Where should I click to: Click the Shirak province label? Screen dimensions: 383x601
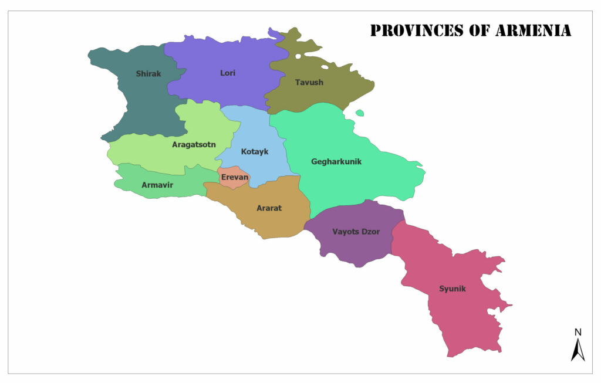[x=148, y=74]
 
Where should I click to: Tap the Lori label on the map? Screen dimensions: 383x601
[x=228, y=73]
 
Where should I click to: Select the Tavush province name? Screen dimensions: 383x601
[x=309, y=83]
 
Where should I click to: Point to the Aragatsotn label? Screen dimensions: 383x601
[x=194, y=144]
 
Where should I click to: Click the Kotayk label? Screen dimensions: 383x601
[x=255, y=152]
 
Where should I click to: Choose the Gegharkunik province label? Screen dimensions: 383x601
[x=336, y=161]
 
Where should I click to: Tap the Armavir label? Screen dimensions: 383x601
[x=157, y=185]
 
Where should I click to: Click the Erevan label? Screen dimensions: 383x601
[x=235, y=177]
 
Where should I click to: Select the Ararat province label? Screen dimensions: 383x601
[x=269, y=208]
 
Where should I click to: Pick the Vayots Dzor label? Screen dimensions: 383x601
[x=356, y=232]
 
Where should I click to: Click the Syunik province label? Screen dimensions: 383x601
[x=453, y=289]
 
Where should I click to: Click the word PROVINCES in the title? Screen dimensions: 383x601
[x=417, y=30]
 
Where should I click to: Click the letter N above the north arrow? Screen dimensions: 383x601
[x=578, y=333]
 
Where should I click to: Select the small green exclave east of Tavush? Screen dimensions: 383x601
[x=360, y=113]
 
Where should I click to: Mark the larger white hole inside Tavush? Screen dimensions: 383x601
[x=299, y=57]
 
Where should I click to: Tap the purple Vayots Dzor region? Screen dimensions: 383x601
[x=352, y=246]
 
